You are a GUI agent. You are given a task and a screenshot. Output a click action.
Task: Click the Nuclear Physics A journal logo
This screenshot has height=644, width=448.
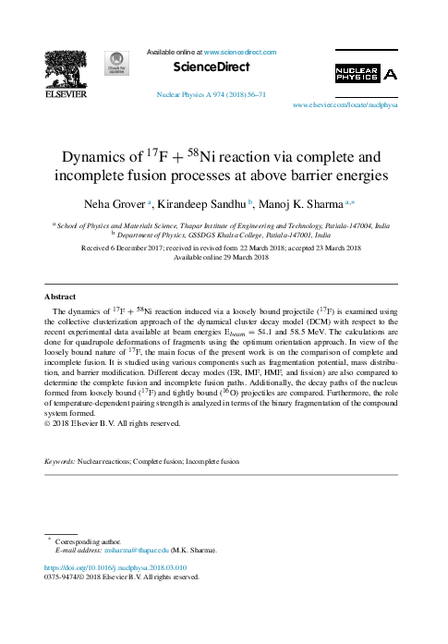366,74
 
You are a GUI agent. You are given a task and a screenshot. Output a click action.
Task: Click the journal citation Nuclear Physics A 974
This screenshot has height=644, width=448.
212,95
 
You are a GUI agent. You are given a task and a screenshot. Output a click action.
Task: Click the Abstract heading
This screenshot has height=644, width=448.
60,297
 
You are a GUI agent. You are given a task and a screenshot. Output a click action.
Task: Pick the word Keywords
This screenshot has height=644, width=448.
59,460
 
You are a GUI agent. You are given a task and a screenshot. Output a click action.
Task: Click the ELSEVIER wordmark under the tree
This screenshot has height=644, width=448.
67,94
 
